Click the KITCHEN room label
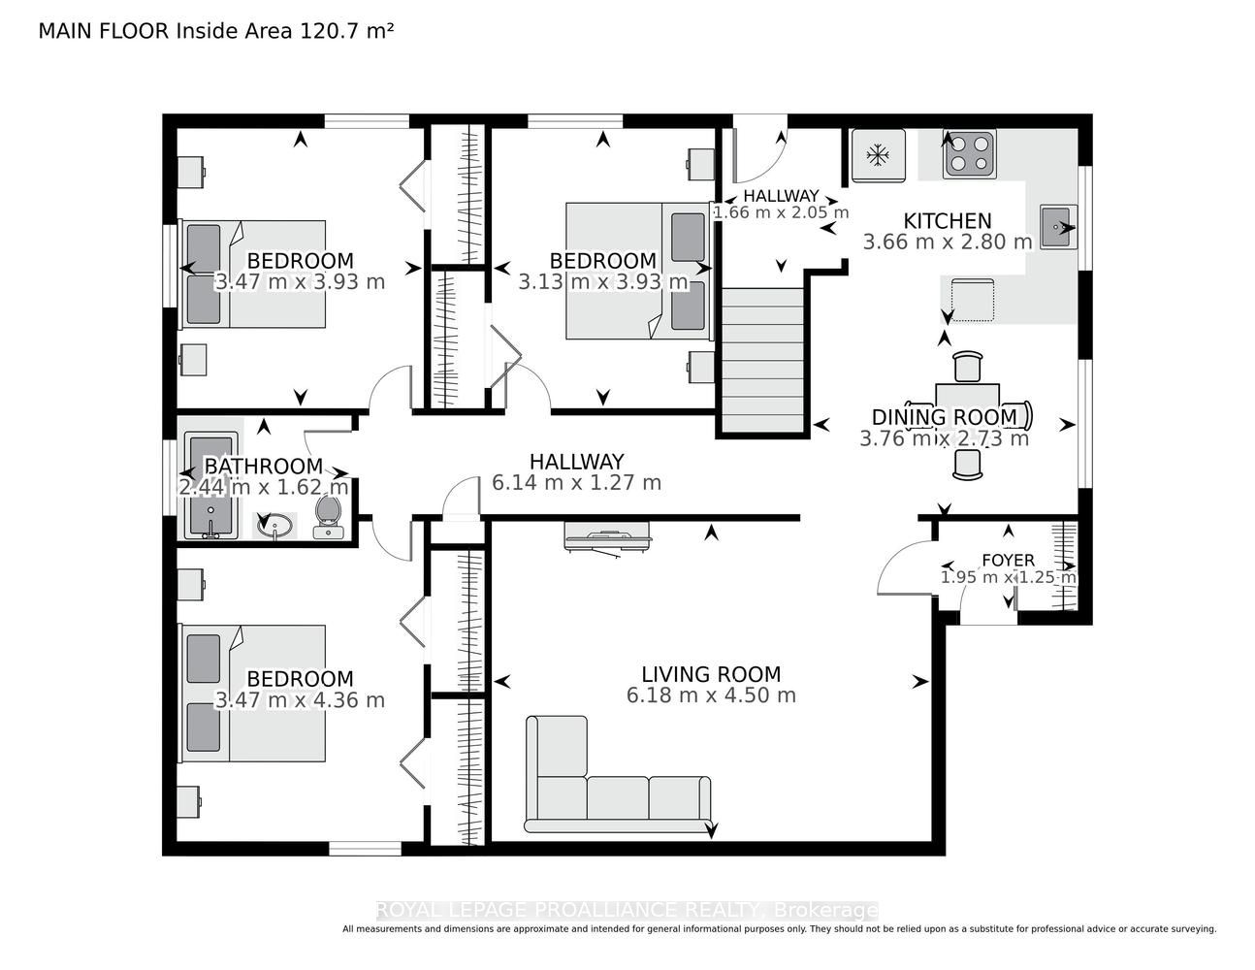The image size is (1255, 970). (948, 221)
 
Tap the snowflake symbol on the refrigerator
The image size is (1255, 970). (878, 155)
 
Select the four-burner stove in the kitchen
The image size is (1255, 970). (969, 154)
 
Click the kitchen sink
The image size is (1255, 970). (1057, 226)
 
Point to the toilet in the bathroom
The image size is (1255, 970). (328, 517)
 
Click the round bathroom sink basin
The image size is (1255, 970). (274, 525)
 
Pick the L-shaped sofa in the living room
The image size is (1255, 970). (618, 774)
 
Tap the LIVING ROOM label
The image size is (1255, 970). (711, 674)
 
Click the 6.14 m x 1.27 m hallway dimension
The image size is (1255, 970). (576, 483)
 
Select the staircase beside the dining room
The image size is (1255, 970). (763, 360)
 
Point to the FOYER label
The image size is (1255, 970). (1009, 560)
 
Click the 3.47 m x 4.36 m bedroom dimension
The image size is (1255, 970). (300, 700)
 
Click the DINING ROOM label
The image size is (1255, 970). (945, 417)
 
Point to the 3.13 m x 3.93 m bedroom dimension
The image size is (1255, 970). (603, 282)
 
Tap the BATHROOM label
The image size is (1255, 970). (264, 466)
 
